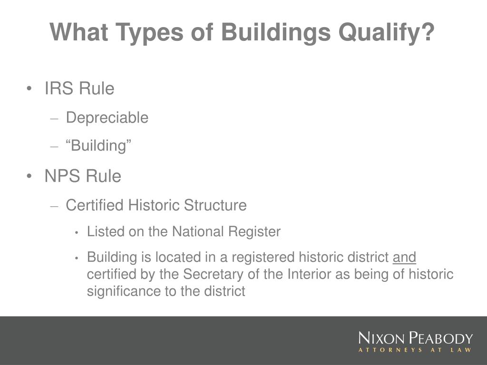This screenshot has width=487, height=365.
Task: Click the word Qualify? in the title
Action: (x=386, y=33)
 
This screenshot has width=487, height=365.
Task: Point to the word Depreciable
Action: (x=107, y=118)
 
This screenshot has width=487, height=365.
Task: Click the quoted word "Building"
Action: (x=98, y=145)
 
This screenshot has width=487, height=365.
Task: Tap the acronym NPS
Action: (x=63, y=176)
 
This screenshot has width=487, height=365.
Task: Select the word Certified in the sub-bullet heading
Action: (x=95, y=205)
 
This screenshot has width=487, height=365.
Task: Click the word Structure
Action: (x=215, y=205)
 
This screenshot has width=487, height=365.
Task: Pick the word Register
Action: (x=254, y=232)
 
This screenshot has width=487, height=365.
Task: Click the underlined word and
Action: (x=404, y=257)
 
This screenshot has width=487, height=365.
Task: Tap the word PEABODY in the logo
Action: (x=440, y=338)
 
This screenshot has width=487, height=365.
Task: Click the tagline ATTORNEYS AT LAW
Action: (x=415, y=350)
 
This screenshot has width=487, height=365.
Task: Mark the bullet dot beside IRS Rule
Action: (x=29, y=89)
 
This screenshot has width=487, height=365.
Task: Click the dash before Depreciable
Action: (x=54, y=118)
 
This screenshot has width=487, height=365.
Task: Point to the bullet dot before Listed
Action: (x=77, y=232)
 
